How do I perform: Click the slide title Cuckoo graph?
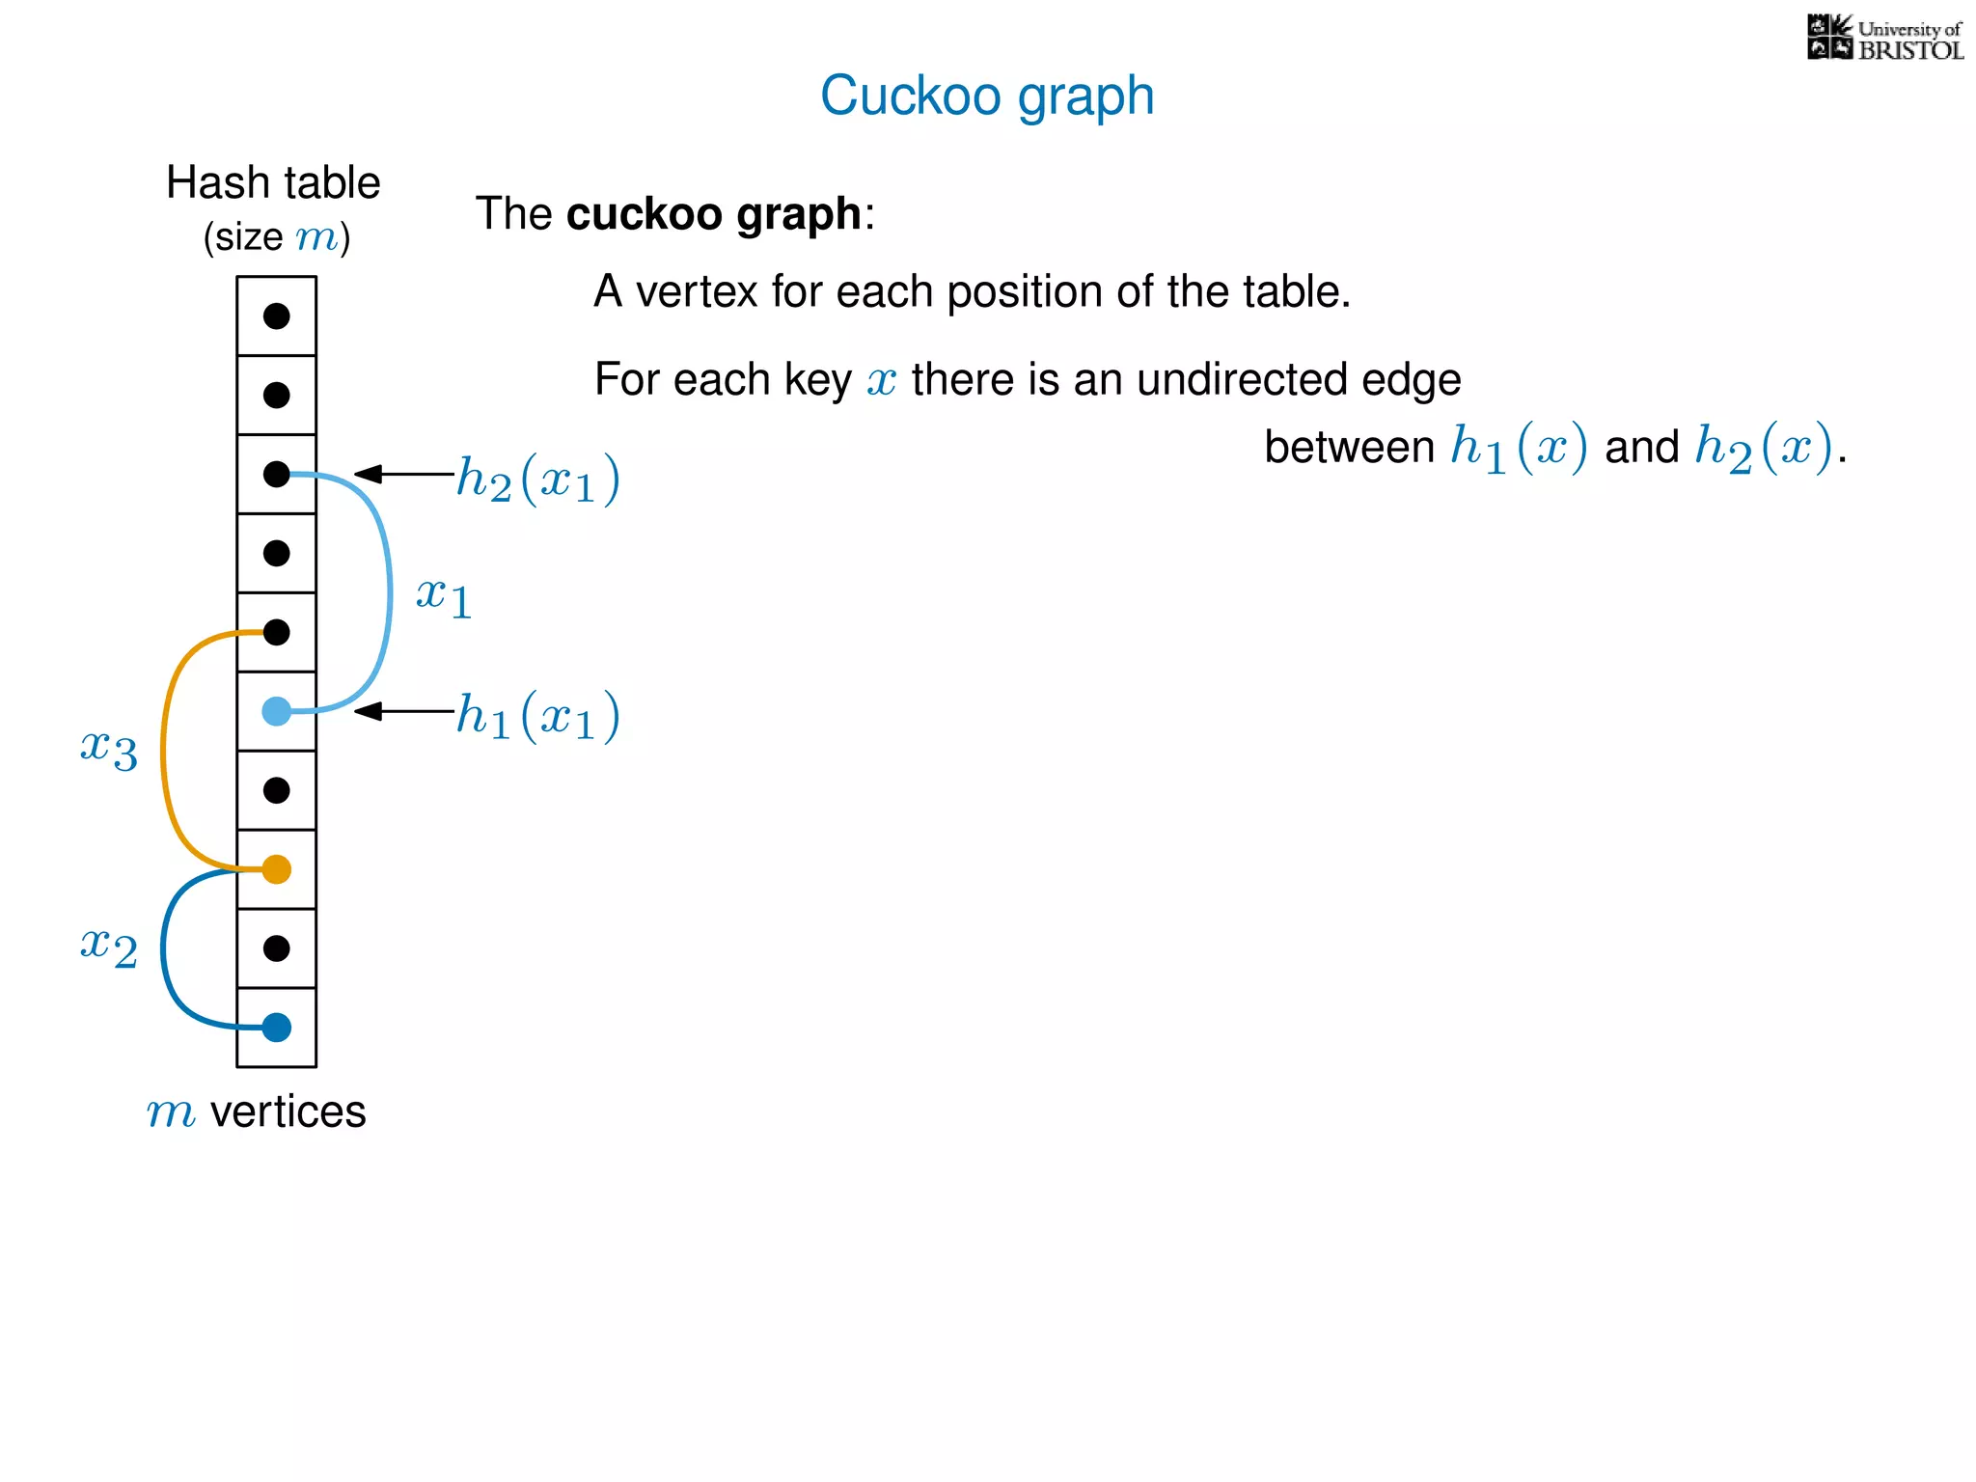[x=987, y=96]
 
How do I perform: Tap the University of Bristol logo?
[x=1884, y=39]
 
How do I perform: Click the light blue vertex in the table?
[x=277, y=711]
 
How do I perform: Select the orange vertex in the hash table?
[x=277, y=869]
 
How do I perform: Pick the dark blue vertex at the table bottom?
[x=277, y=1028]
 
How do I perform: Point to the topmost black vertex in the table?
[x=277, y=316]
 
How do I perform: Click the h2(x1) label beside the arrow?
[x=537, y=479]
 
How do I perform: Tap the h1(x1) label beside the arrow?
[x=537, y=716]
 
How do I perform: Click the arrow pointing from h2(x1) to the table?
[x=403, y=474]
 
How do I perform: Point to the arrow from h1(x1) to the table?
[x=403, y=711]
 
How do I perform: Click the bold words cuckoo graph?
[x=713, y=214]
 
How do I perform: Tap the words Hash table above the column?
[x=273, y=182]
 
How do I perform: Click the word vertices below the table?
[x=288, y=1111]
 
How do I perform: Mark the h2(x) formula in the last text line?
[x=1763, y=448]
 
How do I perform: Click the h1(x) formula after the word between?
[x=1519, y=448]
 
